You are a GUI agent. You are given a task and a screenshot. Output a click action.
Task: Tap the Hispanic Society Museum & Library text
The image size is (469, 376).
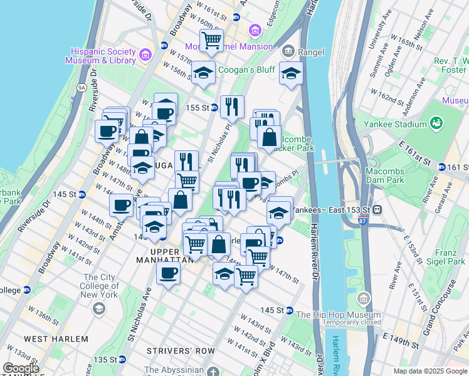[x=103, y=56]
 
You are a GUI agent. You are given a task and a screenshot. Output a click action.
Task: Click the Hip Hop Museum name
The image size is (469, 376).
[x=338, y=315]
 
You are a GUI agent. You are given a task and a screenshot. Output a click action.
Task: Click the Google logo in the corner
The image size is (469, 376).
[x=20, y=368]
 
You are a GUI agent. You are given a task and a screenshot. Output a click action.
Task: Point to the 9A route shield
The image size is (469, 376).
[x=82, y=88]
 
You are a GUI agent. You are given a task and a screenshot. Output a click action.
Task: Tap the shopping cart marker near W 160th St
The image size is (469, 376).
[x=212, y=40]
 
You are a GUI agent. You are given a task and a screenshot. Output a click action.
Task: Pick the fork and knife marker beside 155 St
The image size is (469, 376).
[x=233, y=107]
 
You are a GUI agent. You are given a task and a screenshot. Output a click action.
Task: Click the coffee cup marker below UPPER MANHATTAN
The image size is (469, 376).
[x=168, y=273]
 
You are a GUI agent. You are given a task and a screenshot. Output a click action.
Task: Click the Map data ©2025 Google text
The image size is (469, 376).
[x=429, y=371]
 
